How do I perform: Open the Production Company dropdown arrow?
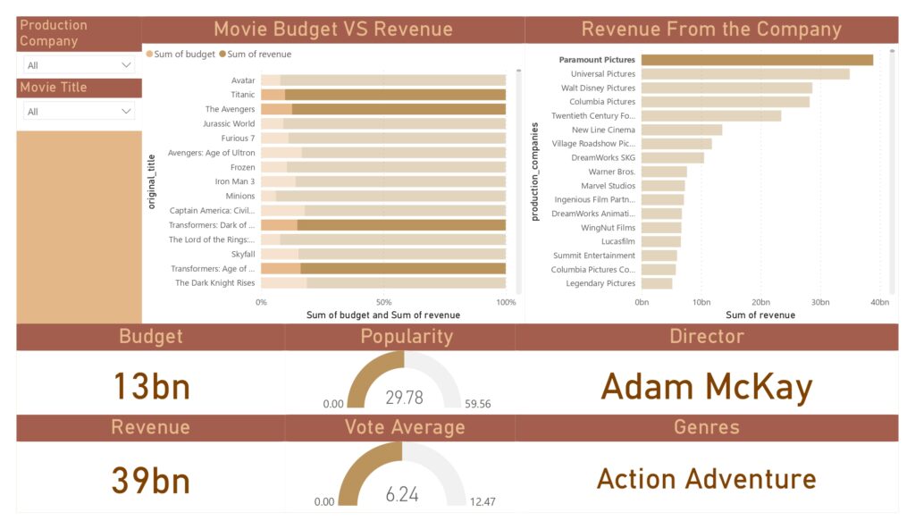(x=125, y=65)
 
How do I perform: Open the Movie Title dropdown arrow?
(x=125, y=112)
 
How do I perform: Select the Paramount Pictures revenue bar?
(x=757, y=60)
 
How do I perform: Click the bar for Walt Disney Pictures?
(x=726, y=88)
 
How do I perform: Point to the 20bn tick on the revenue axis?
(x=760, y=302)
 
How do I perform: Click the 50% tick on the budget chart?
(x=383, y=302)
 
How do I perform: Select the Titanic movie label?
(x=242, y=95)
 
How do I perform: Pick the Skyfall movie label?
(x=242, y=254)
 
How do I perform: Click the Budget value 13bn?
(x=151, y=387)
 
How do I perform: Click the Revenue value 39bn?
(x=151, y=481)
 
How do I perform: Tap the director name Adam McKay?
(x=706, y=387)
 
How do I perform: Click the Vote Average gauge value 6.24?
(x=402, y=494)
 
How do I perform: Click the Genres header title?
(x=706, y=427)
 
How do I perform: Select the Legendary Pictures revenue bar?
(x=657, y=283)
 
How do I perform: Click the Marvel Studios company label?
(x=608, y=185)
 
